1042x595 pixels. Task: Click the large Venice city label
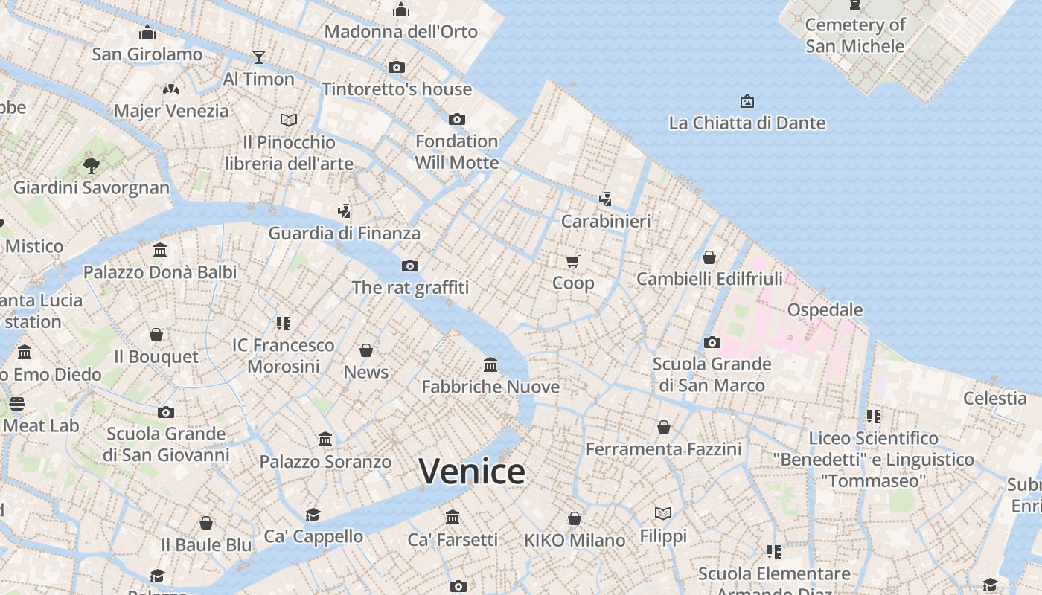(x=472, y=472)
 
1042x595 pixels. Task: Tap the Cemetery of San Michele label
(x=855, y=35)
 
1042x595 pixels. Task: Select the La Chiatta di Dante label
(x=747, y=123)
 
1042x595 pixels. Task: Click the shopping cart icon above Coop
(x=572, y=261)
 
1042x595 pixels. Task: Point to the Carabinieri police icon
(x=606, y=199)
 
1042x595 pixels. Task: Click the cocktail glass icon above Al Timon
(x=258, y=57)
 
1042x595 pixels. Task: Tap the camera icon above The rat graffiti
(x=410, y=266)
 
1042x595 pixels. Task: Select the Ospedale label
(x=825, y=309)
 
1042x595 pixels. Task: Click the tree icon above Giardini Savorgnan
(x=92, y=165)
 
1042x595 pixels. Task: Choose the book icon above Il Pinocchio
(x=289, y=120)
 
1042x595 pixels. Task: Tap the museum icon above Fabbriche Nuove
(x=490, y=364)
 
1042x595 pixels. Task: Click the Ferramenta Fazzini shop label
(x=663, y=449)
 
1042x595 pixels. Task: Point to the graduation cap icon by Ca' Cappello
(x=313, y=515)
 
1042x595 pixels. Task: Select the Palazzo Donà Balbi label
(x=160, y=272)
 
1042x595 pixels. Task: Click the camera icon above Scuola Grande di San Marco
(x=712, y=342)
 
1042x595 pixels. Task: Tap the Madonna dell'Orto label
(x=401, y=32)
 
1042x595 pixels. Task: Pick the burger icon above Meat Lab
(x=17, y=404)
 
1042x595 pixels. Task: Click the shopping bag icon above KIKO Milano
(x=575, y=518)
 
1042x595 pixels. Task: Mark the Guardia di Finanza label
(x=345, y=233)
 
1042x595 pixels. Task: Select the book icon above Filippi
(x=663, y=513)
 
